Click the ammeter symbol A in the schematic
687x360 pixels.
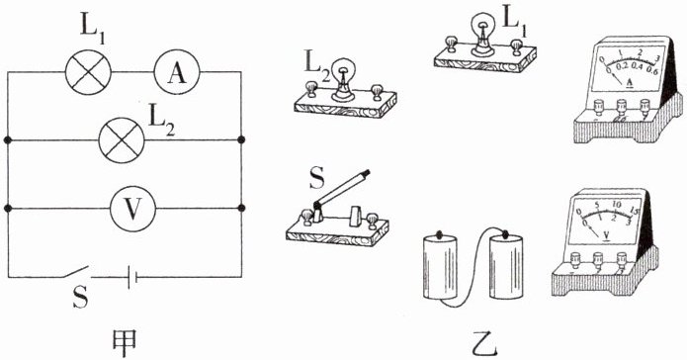click(177, 71)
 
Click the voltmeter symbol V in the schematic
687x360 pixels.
click(132, 209)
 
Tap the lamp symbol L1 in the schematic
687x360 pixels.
click(88, 71)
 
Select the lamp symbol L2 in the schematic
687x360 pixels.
click(122, 139)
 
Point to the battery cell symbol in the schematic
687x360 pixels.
click(132, 277)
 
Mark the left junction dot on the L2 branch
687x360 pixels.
click(8, 139)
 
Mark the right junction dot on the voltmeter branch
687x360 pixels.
click(241, 208)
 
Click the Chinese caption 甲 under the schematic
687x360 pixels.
click(124, 342)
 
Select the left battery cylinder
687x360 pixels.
click(440, 267)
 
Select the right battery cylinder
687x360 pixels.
click(506, 267)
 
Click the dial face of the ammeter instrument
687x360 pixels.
click(629, 67)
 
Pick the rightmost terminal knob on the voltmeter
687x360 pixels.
click(622, 259)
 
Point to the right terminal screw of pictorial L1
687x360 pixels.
click(517, 46)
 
